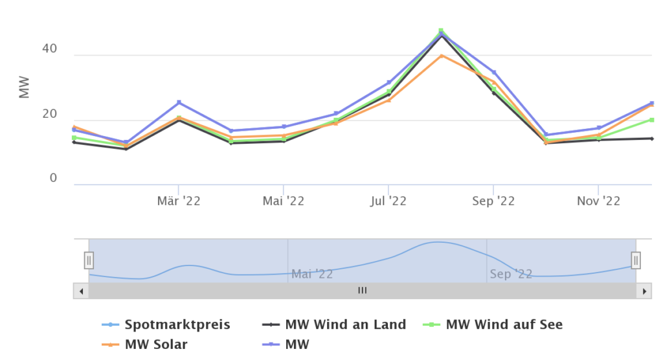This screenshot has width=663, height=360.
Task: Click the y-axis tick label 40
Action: tap(50, 49)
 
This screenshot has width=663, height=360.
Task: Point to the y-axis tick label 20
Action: tap(50, 115)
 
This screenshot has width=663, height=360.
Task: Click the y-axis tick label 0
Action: tap(54, 178)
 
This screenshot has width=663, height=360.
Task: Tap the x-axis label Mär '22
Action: tap(179, 201)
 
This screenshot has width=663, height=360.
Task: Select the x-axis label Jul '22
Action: tap(388, 201)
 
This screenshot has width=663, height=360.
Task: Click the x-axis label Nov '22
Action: tap(598, 201)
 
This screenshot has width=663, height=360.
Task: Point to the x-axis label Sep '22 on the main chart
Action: tap(493, 201)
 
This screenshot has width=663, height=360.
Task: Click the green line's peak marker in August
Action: tap(441, 30)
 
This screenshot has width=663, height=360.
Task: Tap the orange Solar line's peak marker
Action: tap(441, 56)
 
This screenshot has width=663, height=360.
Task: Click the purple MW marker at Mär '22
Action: tap(179, 102)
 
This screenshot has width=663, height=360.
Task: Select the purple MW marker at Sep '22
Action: tap(493, 73)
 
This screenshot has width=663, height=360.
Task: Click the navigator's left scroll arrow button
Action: tap(81, 291)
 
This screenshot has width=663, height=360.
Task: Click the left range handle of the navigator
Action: tap(89, 260)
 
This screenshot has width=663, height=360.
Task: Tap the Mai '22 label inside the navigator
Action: tap(312, 274)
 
